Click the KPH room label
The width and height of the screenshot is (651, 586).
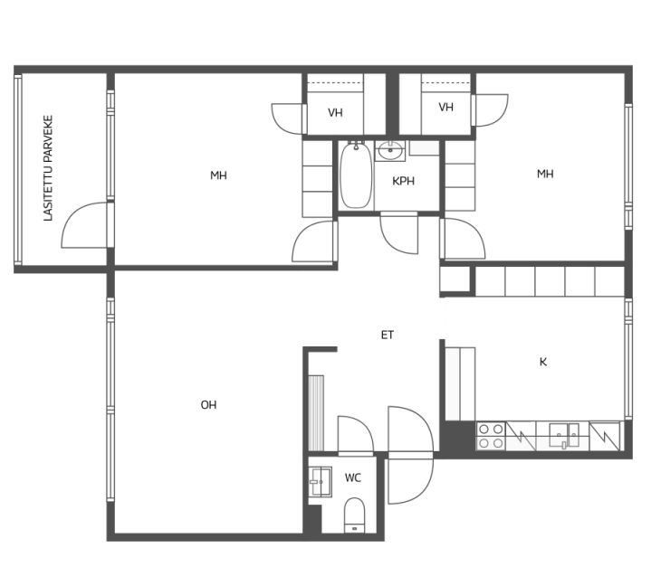click(403, 181)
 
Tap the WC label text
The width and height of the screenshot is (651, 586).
click(353, 478)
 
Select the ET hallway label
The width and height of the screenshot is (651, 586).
click(388, 335)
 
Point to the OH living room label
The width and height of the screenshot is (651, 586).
click(208, 405)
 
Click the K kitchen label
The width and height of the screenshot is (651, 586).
click(543, 362)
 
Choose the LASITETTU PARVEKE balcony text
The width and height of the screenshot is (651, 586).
click(49, 168)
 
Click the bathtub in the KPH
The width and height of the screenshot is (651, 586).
click(356, 175)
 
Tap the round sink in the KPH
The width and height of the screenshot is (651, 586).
click(390, 151)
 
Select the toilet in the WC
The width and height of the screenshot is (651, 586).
click(355, 515)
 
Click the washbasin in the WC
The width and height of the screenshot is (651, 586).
click(321, 482)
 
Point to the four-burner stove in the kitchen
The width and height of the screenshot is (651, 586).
click(491, 436)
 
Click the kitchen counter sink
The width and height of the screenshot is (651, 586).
click(564, 436)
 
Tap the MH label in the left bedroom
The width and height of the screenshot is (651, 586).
click(218, 175)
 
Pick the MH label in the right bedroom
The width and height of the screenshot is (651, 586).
click(545, 174)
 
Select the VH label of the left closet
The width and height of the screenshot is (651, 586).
click(335, 112)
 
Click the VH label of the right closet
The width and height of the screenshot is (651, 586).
click(445, 107)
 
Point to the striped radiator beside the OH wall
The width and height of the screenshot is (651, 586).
click(316, 413)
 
